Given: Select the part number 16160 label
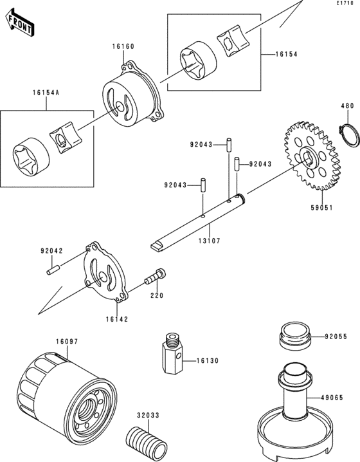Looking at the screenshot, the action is click(x=123, y=46).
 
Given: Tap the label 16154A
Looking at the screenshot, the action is click(x=46, y=93).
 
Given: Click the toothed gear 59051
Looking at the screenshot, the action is click(x=311, y=155).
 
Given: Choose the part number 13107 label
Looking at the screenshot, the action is click(x=209, y=241).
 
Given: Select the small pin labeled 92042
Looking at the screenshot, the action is click(x=53, y=270).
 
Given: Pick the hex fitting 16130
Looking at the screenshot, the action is click(x=173, y=353).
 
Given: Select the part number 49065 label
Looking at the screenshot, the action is click(x=332, y=398).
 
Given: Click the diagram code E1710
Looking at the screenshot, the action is click(x=345, y=3).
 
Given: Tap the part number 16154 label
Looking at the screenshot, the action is click(x=287, y=54).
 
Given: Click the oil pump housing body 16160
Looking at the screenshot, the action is click(x=133, y=95).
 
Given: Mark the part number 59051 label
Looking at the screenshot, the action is click(x=321, y=208).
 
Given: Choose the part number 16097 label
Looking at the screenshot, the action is click(x=67, y=342).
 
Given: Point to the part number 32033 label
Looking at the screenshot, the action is click(x=148, y=415).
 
